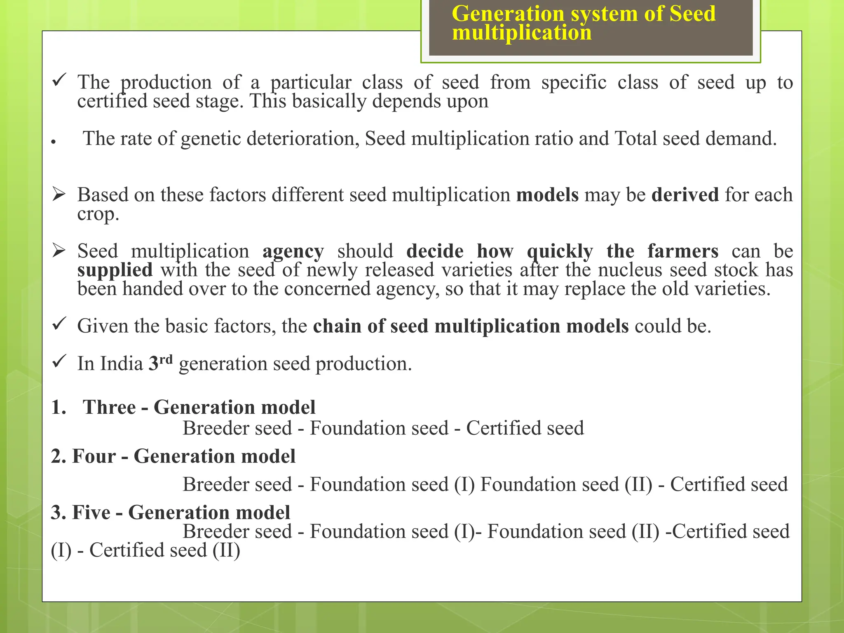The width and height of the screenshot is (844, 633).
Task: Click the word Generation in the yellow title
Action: [x=507, y=14]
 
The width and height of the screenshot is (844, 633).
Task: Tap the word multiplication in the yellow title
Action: [x=521, y=33]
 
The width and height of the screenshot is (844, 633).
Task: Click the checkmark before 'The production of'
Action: [x=59, y=79]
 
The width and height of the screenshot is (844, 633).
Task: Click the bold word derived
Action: [x=685, y=195]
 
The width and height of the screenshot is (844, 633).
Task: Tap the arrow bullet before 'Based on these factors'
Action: [x=59, y=194]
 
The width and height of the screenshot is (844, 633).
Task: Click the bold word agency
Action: [x=293, y=251]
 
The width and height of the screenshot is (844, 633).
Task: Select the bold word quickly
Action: [x=560, y=251]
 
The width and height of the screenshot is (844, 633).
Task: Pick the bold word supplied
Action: [x=115, y=270]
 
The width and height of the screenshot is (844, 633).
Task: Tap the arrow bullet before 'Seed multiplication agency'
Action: [x=59, y=251]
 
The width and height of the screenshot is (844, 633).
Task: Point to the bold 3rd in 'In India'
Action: [x=160, y=362]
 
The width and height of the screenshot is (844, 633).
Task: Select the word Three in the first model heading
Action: [x=109, y=407]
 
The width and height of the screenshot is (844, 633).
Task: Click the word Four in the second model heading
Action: [x=94, y=456]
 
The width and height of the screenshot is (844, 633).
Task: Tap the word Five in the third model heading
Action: [x=91, y=512]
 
